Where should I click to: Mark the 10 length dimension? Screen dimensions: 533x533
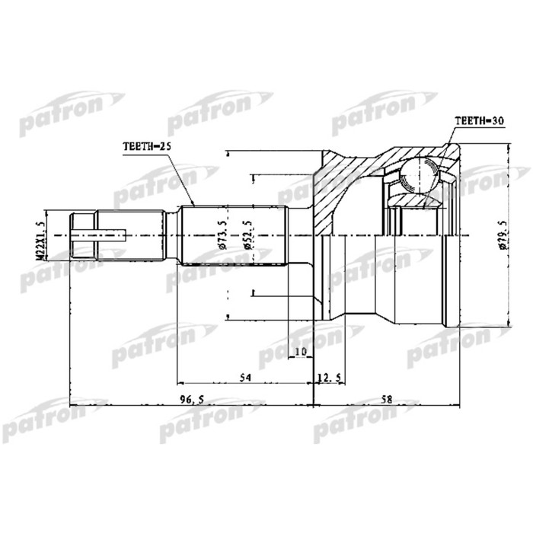pyautogui.click(x=300, y=352)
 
